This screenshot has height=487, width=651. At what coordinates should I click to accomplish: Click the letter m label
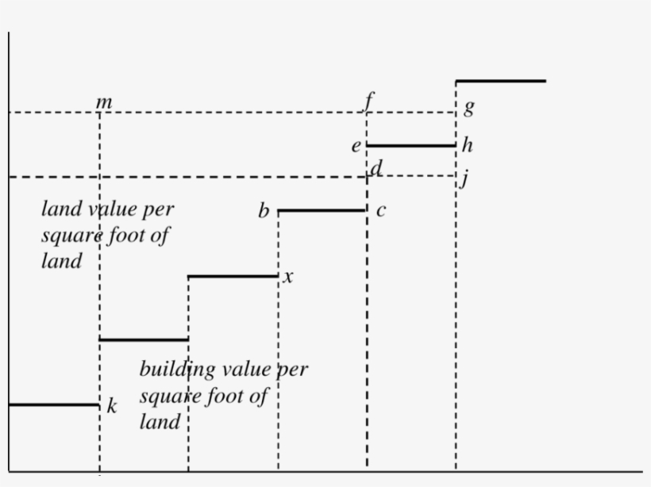click(104, 103)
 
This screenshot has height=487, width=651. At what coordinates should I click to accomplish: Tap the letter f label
click(369, 102)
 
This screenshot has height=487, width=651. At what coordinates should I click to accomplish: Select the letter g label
click(468, 108)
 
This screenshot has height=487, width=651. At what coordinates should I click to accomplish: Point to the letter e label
click(356, 146)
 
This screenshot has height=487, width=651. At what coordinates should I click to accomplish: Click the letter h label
click(467, 145)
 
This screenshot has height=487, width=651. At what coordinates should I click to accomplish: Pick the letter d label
click(376, 167)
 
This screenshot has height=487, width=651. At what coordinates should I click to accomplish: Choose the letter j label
click(465, 179)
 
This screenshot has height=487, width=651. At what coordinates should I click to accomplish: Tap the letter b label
click(264, 211)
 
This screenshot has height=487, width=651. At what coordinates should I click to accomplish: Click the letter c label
click(381, 211)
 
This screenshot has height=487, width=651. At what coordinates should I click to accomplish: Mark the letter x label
click(289, 277)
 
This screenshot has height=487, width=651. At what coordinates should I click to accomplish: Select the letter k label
click(112, 407)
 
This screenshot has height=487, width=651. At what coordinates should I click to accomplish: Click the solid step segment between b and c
click(322, 210)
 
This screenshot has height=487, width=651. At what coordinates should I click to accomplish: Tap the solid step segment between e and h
click(411, 145)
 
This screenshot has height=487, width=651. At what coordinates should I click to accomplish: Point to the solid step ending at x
click(233, 276)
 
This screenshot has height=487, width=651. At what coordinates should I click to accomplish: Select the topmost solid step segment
click(500, 80)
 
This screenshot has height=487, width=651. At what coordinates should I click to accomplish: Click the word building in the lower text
click(177, 369)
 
